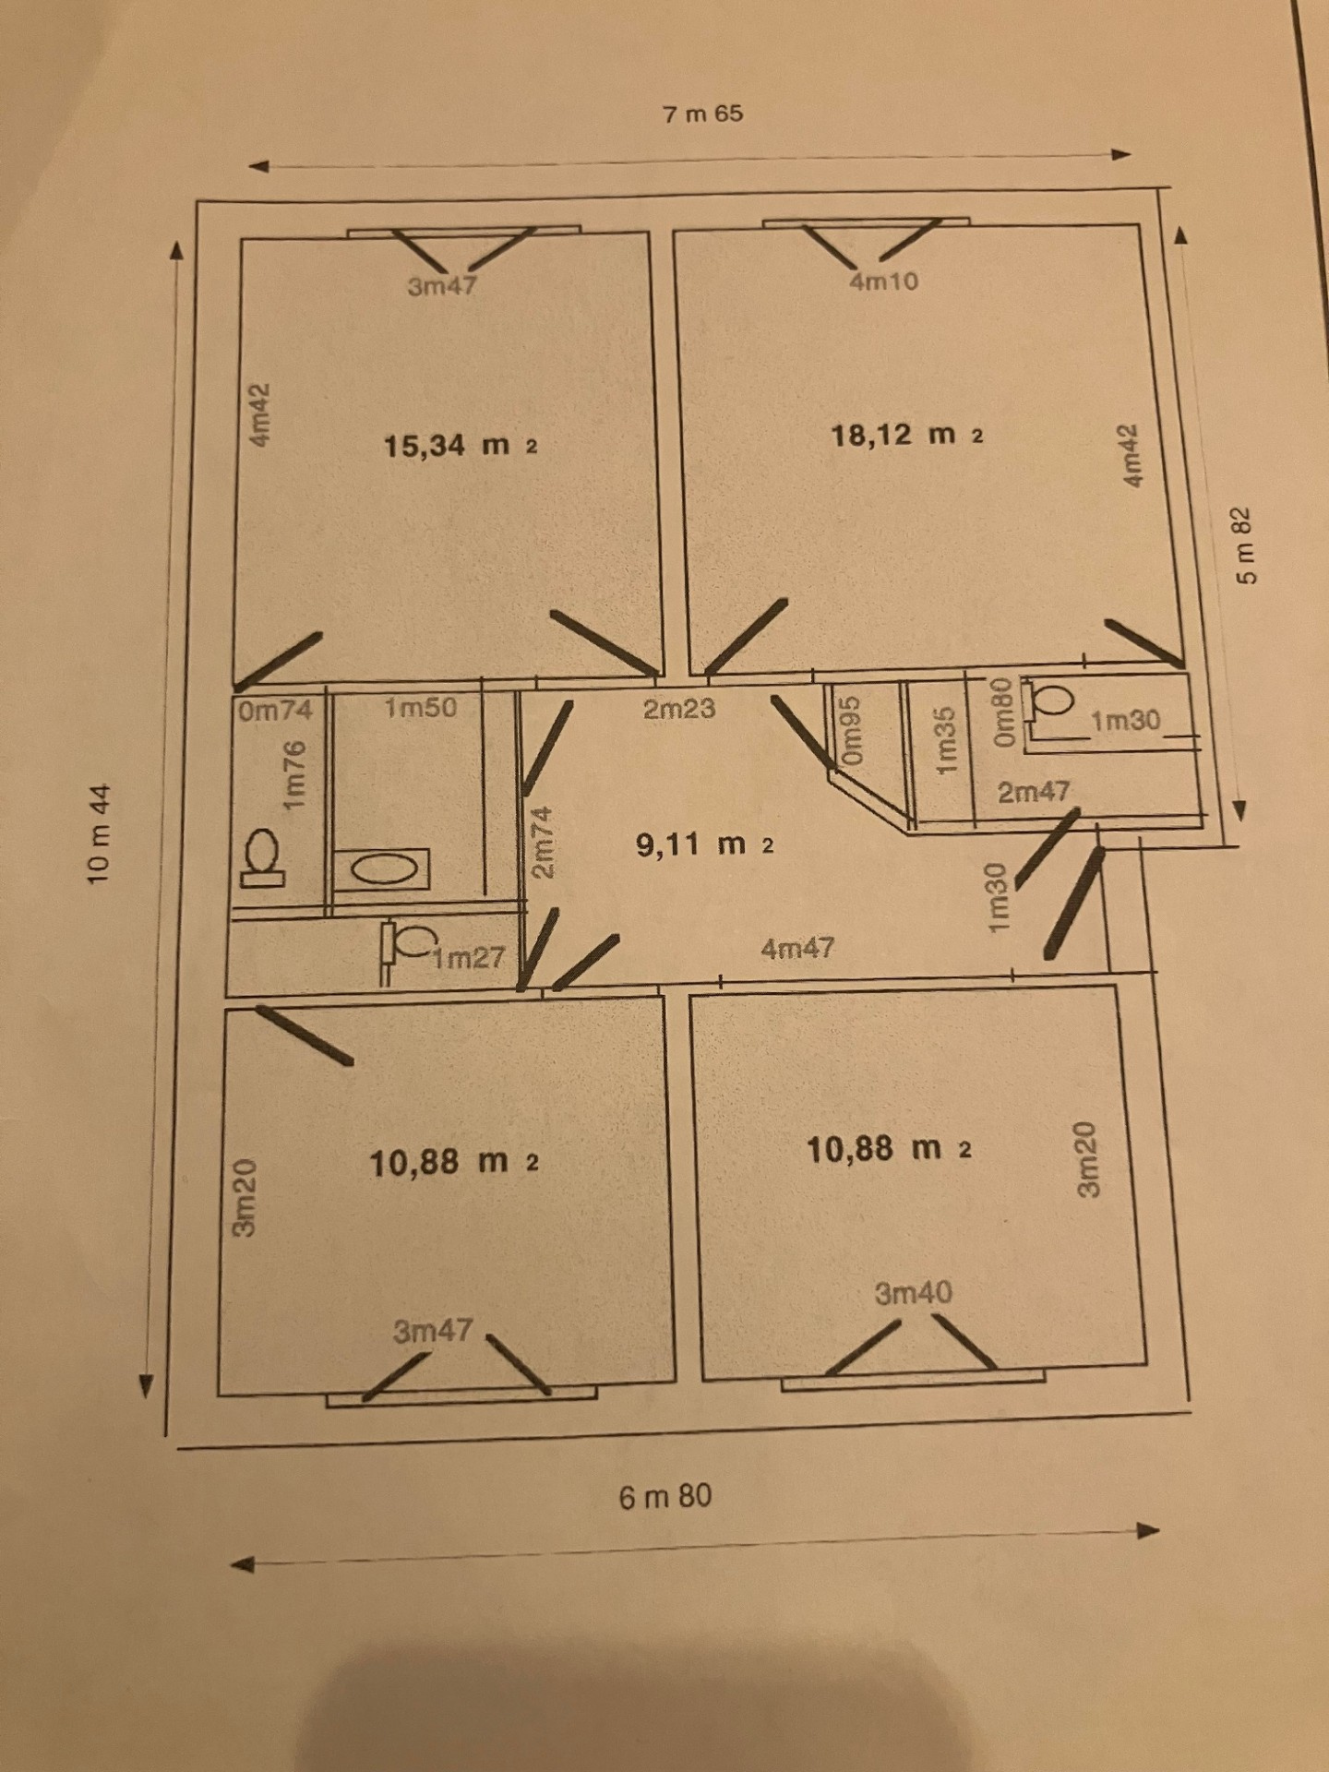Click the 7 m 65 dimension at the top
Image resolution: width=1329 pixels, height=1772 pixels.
click(702, 114)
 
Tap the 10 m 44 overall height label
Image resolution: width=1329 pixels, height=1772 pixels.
click(99, 833)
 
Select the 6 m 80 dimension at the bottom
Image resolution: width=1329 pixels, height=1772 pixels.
click(664, 1496)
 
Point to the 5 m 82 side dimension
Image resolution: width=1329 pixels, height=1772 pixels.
click(1245, 545)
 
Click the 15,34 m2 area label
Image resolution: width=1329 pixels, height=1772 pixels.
click(460, 446)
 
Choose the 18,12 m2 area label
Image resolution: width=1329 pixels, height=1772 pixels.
click(907, 434)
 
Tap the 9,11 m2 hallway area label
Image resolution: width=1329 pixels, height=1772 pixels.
click(704, 844)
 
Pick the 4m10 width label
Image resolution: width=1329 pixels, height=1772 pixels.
click(883, 281)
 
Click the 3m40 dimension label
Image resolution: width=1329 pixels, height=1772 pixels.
click(913, 1293)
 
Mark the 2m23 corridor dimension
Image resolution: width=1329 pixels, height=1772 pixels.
click(679, 709)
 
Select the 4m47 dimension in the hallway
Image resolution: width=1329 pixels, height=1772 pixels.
click(797, 948)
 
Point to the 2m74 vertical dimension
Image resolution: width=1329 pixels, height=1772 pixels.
click(543, 842)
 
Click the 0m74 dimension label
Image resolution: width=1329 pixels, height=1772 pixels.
click(275, 711)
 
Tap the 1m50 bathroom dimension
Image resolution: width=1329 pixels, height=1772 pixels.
click(420, 708)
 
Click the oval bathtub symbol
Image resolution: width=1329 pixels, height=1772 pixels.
click(382, 869)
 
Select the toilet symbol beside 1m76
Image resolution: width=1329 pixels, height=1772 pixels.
click(261, 856)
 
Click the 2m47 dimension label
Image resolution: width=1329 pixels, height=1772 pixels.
click(1034, 791)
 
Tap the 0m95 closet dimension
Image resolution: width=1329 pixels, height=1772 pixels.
click(851, 731)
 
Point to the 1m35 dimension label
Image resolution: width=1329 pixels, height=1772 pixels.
click(945, 742)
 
